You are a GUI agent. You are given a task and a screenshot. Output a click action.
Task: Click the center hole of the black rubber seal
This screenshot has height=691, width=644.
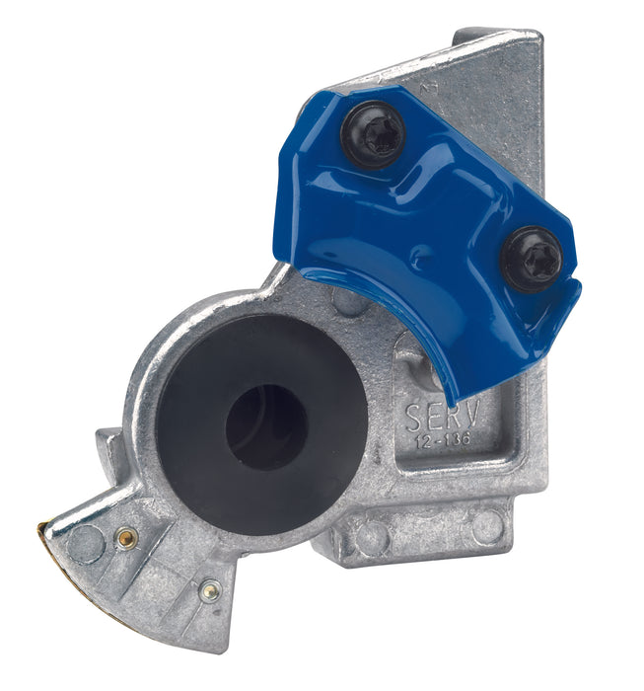pos(264,425)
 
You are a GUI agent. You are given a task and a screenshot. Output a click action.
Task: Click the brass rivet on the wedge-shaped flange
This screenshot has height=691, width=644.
pos(125,538)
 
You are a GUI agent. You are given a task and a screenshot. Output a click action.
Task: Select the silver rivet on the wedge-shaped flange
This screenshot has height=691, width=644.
pos(208,591)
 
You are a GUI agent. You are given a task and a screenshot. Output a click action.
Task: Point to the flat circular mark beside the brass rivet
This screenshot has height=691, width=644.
pos(87,543)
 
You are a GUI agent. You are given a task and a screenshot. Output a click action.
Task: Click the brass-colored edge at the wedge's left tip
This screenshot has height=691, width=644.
pos(45,533)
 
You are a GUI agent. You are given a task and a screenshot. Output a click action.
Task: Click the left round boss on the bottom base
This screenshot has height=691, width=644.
pos(370,537)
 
